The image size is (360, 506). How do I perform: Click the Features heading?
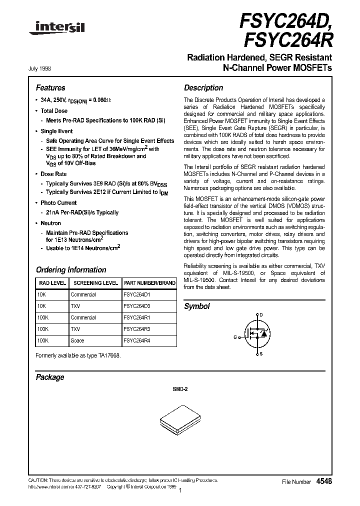(x=50, y=87)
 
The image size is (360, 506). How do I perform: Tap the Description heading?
(x=203, y=87)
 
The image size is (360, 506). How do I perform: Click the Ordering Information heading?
(x=70, y=269)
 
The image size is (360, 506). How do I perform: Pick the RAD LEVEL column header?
(x=52, y=283)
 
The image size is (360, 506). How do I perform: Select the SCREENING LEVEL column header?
(x=95, y=283)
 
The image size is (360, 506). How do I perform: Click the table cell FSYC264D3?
(x=137, y=306)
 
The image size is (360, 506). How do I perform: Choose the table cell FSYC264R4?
(x=137, y=340)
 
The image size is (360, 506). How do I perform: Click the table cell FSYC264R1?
(x=137, y=317)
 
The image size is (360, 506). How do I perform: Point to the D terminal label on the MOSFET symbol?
(x=260, y=315)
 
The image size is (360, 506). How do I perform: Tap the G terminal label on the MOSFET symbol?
(x=234, y=337)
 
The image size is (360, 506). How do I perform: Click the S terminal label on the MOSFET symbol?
(x=260, y=354)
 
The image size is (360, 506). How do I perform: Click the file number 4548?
(x=324, y=481)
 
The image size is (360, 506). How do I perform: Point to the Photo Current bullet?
(x=58, y=203)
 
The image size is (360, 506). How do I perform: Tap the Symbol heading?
(x=197, y=306)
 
